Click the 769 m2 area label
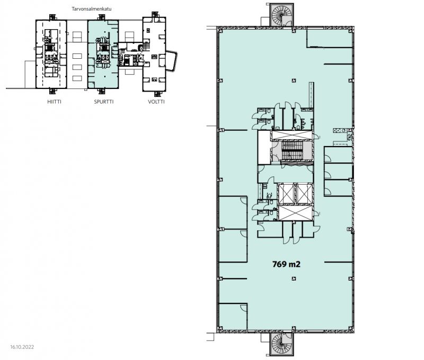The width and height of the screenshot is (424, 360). tap(286, 264)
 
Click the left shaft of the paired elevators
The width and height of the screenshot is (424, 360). tap(285, 194)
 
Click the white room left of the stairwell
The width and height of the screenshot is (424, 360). tap(264, 148)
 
